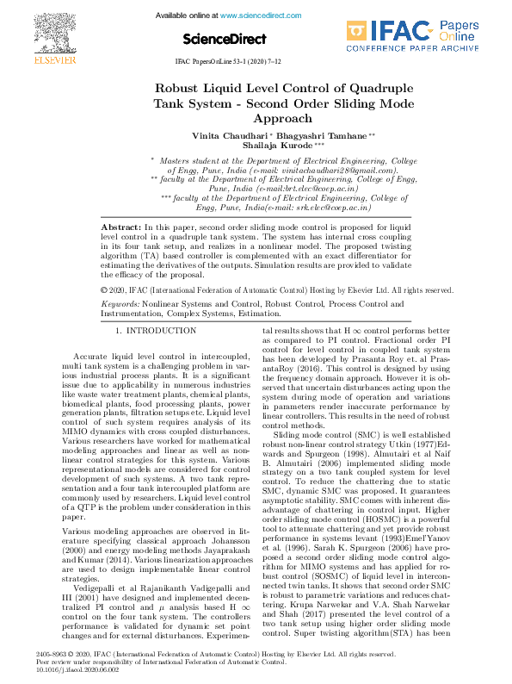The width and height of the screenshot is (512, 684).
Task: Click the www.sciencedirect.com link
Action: (257, 16)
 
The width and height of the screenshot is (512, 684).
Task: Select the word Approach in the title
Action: (256, 120)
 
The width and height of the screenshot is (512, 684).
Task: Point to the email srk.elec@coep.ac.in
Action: (331, 208)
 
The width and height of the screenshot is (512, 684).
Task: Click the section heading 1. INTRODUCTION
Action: (156, 331)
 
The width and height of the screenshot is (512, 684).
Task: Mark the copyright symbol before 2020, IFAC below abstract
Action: (105, 291)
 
